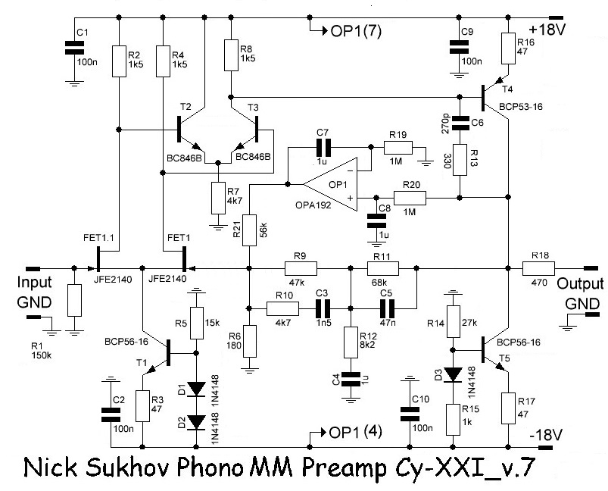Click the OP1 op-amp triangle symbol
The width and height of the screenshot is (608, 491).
click(330, 184)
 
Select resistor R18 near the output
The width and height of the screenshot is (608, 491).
click(538, 268)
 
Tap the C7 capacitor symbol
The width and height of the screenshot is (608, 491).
click(323, 148)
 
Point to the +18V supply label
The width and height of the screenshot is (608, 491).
click(547, 30)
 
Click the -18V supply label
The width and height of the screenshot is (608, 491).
click(546, 435)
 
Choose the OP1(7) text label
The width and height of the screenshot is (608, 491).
click(356, 31)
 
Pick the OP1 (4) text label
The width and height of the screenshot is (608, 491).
click(355, 432)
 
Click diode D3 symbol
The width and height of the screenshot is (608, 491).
click(453, 374)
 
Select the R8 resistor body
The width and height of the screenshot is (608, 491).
click(231, 55)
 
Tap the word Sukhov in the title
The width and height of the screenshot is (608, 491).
click(128, 468)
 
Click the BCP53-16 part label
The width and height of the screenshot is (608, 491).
click(521, 107)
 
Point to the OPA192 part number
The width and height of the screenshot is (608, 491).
click(313, 205)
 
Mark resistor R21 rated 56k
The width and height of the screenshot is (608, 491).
click(249, 230)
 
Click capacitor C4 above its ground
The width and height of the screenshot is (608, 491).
click(351, 379)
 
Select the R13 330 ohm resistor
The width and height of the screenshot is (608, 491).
click(460, 160)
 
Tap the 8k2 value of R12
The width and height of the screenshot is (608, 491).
click(368, 344)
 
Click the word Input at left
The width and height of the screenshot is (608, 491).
click(34, 283)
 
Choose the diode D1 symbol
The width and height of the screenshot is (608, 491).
click(196, 389)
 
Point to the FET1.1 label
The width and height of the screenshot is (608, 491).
click(98, 237)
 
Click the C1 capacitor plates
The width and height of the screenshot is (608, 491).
click(74, 47)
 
